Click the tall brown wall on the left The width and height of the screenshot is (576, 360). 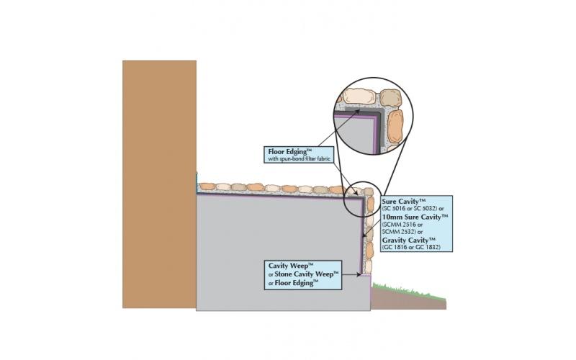pyautogui.click(x=159, y=184)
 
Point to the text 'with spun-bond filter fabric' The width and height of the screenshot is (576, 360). pyautogui.click(x=300, y=159)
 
